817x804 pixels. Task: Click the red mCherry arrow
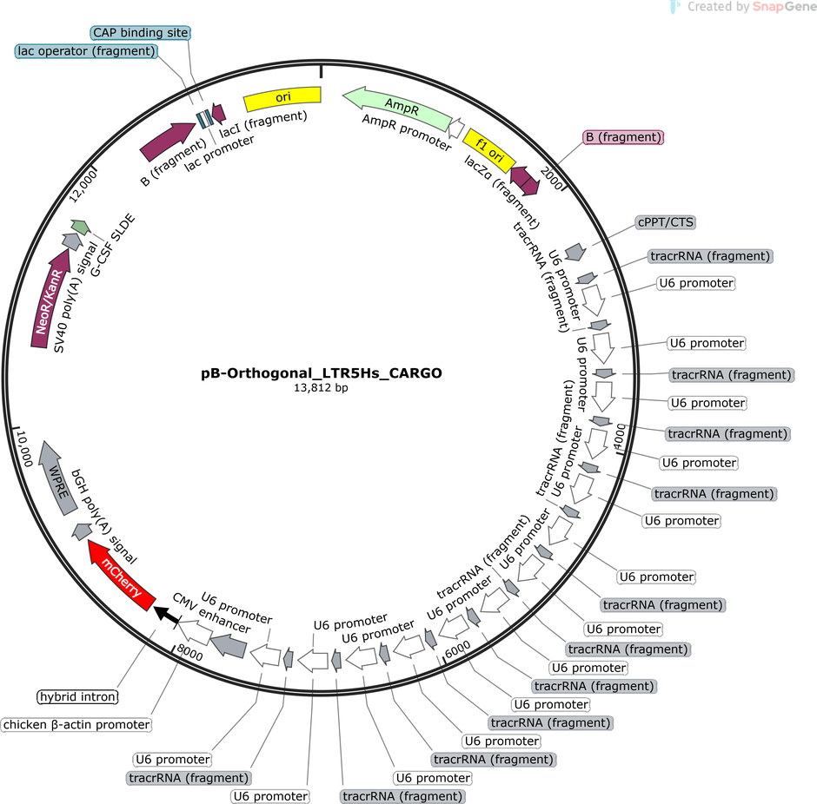pyautogui.click(x=122, y=572)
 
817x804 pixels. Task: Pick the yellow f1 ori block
pyautogui.click(x=488, y=150)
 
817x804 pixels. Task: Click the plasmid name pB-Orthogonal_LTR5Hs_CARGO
pyautogui.click(x=322, y=373)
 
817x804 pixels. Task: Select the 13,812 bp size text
pyautogui.click(x=322, y=388)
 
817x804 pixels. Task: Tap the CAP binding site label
pyautogui.click(x=140, y=33)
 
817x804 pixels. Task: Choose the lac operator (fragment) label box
pyautogui.click(x=85, y=51)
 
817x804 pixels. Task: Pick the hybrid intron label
pyautogui.click(x=77, y=696)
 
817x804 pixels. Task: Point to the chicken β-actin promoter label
pyautogui.click(x=76, y=724)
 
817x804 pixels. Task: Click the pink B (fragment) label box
pyautogui.click(x=623, y=137)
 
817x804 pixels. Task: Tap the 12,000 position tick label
pyautogui.click(x=90, y=185)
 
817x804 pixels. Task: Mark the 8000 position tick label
pyautogui.click(x=189, y=652)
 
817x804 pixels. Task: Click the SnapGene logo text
pyautogui.click(x=745, y=8)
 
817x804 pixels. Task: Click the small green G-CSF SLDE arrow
pyautogui.click(x=80, y=227)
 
